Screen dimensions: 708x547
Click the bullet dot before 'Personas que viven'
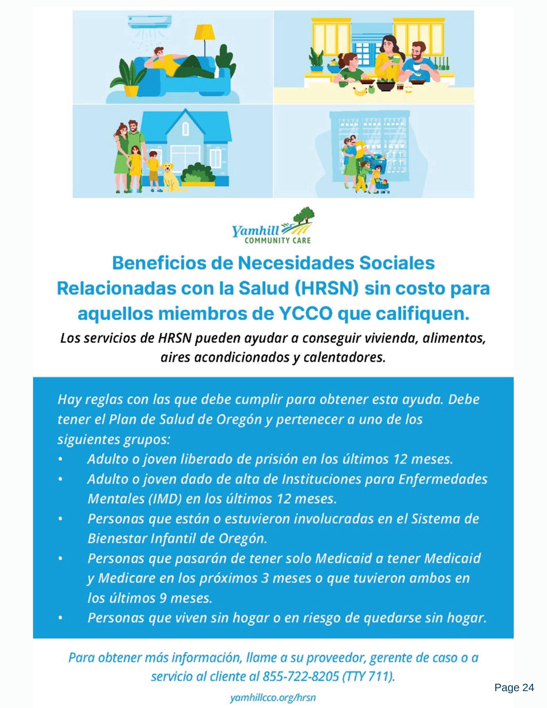[60, 618]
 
